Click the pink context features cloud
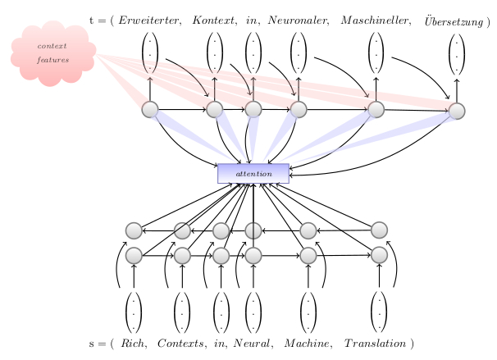(52, 54)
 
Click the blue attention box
(253, 174)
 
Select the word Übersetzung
(454, 19)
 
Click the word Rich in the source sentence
(133, 342)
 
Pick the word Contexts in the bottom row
(180, 342)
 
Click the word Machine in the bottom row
(306, 342)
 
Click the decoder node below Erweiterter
(150, 109)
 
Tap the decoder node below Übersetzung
(457, 111)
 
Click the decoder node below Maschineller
(376, 109)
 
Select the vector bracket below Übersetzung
(457, 53)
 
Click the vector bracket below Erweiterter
(150, 53)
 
